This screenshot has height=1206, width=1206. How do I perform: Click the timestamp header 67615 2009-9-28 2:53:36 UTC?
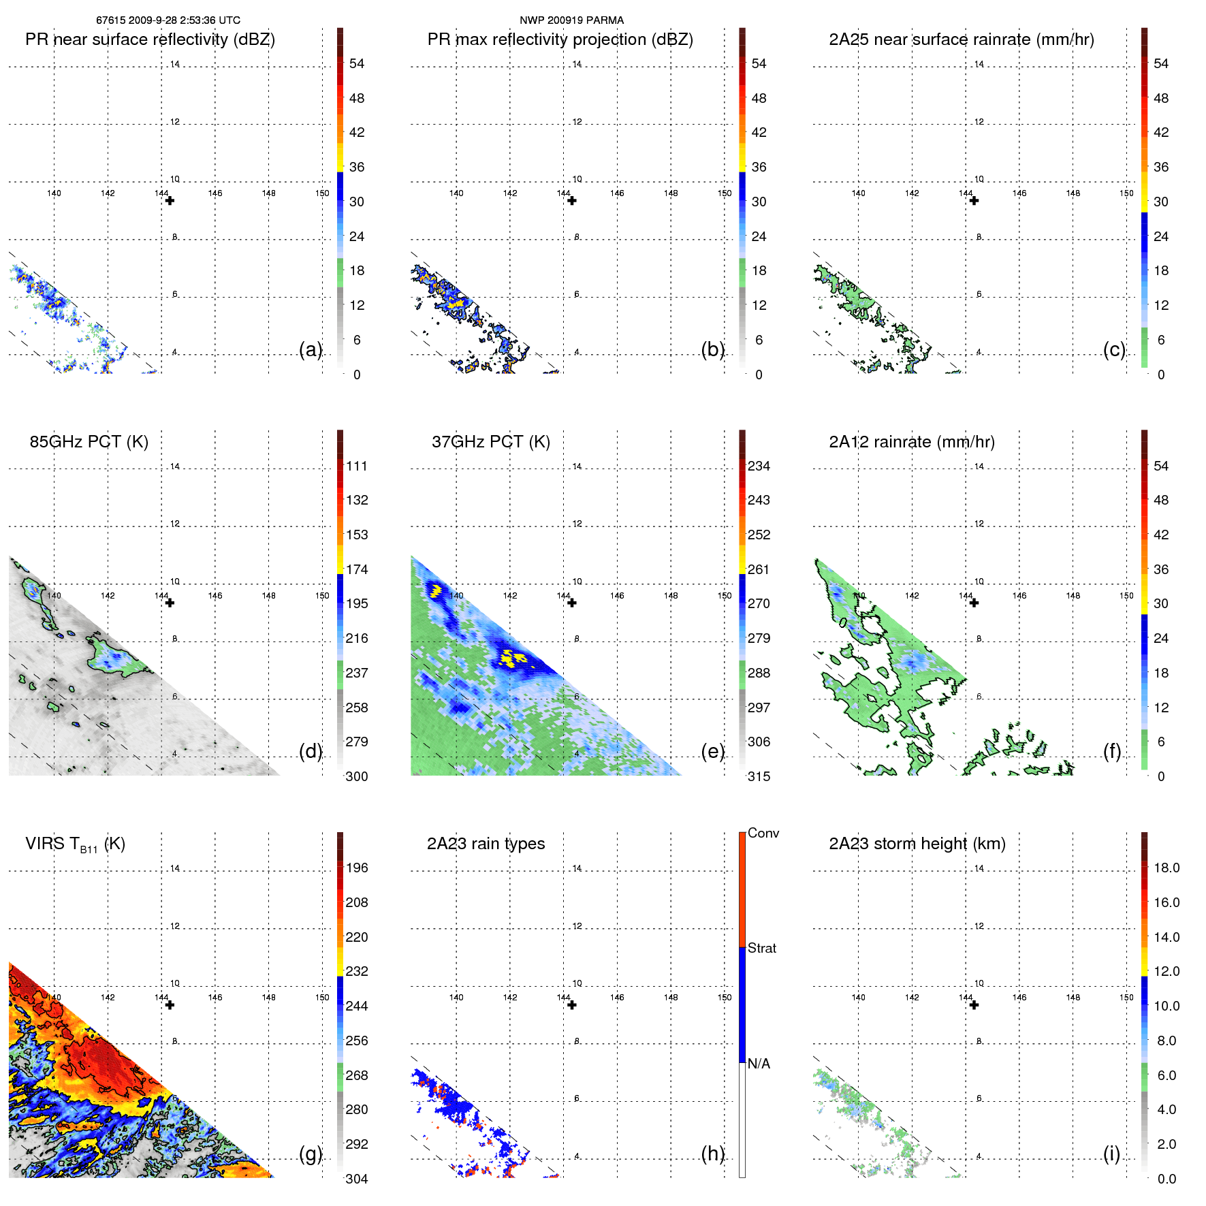coord(168,20)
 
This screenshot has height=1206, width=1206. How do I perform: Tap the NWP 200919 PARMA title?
coord(571,20)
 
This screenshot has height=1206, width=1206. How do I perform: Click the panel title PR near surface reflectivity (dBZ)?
coord(150,39)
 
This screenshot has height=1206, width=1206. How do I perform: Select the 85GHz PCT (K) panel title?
coord(89,442)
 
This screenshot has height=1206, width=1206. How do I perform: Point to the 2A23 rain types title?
coord(486,844)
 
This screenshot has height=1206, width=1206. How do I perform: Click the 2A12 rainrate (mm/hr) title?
coord(911,442)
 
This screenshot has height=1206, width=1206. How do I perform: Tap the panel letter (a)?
coord(311,349)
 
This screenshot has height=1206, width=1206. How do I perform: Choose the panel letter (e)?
coord(712,751)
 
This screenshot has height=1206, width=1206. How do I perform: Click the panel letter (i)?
coord(1111,1154)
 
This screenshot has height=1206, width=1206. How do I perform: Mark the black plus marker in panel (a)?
coord(170,201)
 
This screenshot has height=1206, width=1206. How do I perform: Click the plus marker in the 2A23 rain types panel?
coord(572,1005)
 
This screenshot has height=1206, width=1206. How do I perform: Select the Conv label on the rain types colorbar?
coord(763,833)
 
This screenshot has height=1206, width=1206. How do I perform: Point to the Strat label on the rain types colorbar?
coord(761,948)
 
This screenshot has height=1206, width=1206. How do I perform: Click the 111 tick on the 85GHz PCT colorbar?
coord(357,466)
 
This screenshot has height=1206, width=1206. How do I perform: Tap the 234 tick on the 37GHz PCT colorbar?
coord(759,466)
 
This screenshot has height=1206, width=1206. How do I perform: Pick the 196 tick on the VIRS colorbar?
coord(357,868)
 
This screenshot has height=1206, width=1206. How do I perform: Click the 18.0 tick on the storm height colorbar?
coord(1166,868)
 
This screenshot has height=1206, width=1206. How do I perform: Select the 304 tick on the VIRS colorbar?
coord(357,1179)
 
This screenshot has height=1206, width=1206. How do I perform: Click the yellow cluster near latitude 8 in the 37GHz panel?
coord(512,658)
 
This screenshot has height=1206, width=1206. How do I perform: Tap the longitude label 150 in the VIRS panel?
coord(322,998)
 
